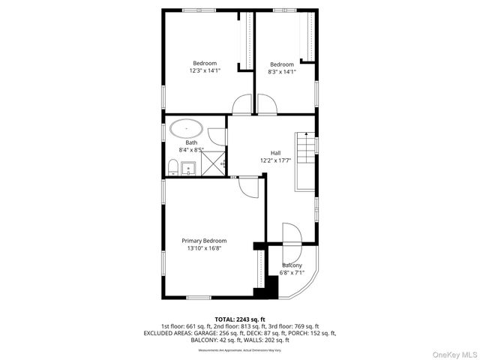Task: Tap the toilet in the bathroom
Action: click(x=172, y=167)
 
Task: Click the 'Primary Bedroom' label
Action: click(x=204, y=241)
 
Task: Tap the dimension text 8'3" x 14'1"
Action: click(x=282, y=72)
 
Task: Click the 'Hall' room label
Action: click(x=275, y=153)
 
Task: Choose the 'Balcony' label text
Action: click(x=292, y=265)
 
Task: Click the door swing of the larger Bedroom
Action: click(x=242, y=107)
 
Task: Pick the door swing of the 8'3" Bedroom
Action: click(x=267, y=107)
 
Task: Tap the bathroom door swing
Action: click(x=216, y=136)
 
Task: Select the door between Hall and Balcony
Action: click(x=292, y=235)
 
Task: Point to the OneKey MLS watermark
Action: click(x=453, y=352)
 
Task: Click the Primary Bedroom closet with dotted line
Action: click(x=261, y=270)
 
